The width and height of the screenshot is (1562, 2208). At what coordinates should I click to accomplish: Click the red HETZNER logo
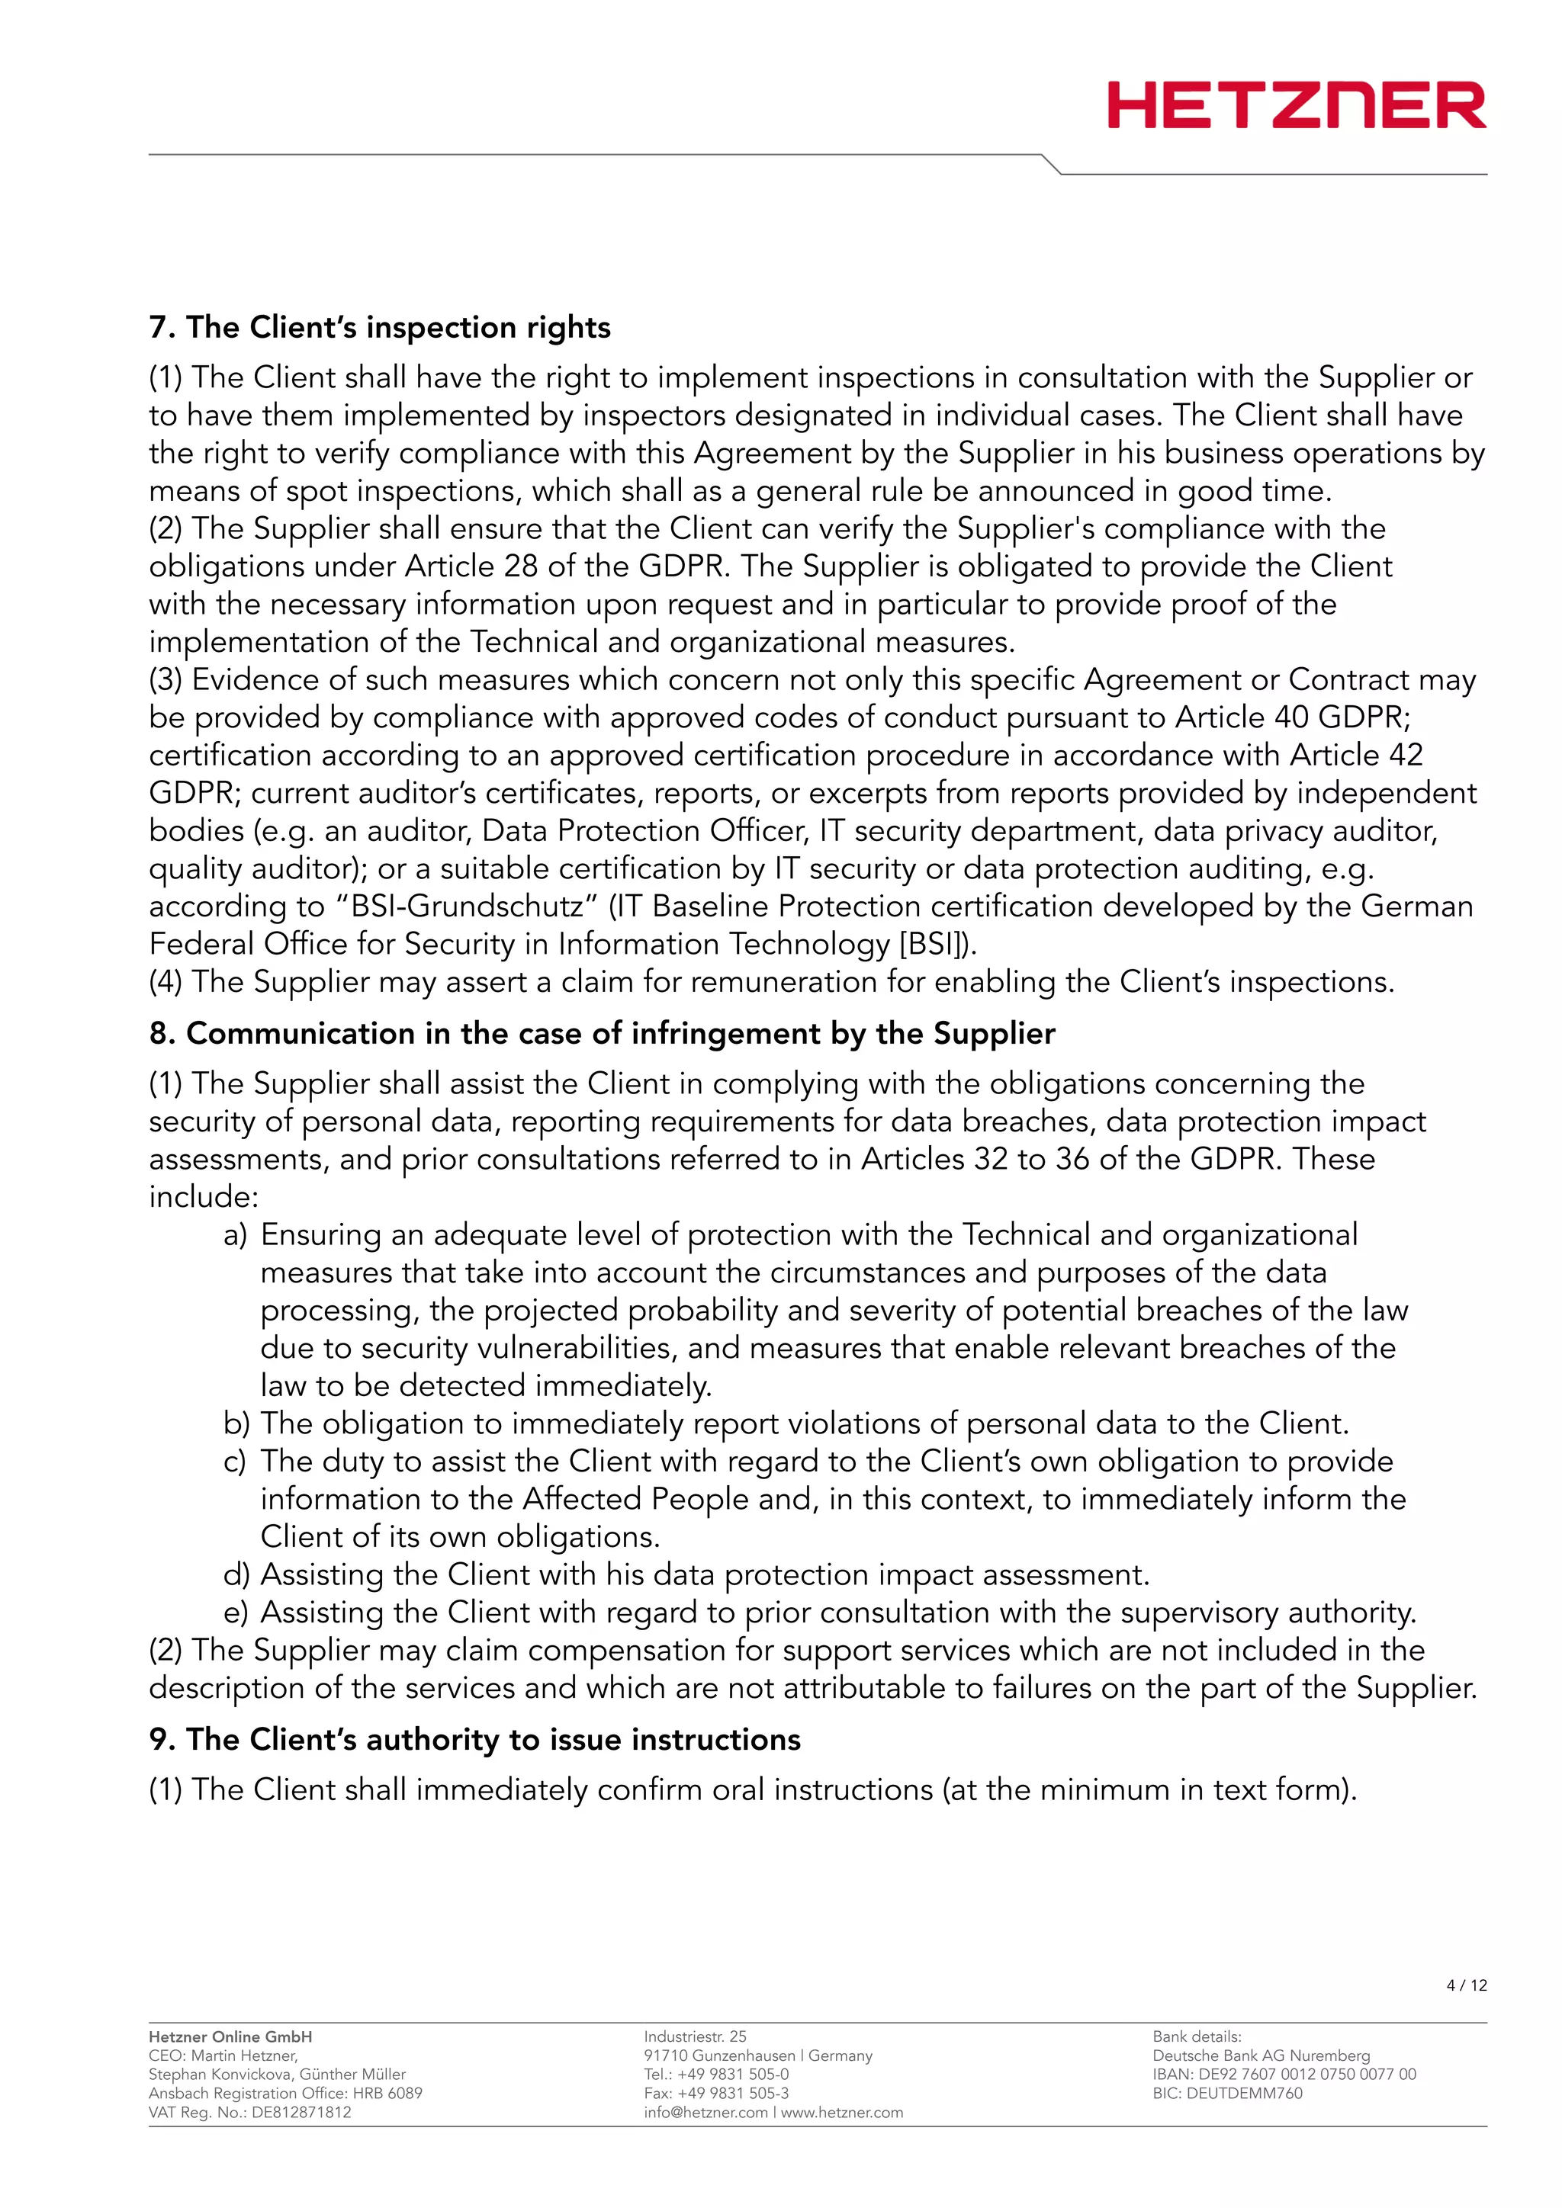[1296, 106]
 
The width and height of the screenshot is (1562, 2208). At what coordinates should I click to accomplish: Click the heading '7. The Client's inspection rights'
[379, 327]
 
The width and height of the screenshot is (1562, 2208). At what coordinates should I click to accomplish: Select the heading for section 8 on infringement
[601, 1033]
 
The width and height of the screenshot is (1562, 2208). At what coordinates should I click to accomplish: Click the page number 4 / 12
[1466, 1985]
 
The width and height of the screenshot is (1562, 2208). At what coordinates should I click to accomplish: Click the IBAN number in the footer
[1284, 2075]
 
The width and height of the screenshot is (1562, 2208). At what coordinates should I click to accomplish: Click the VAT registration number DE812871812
[300, 2112]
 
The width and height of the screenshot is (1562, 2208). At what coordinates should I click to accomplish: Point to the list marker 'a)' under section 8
[235, 1235]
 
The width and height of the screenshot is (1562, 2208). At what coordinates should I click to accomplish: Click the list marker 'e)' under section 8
[235, 1612]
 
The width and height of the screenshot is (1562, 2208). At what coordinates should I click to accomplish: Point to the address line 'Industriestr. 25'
[695, 2036]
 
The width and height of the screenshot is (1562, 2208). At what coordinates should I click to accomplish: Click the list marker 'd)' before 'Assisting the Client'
[236, 1574]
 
